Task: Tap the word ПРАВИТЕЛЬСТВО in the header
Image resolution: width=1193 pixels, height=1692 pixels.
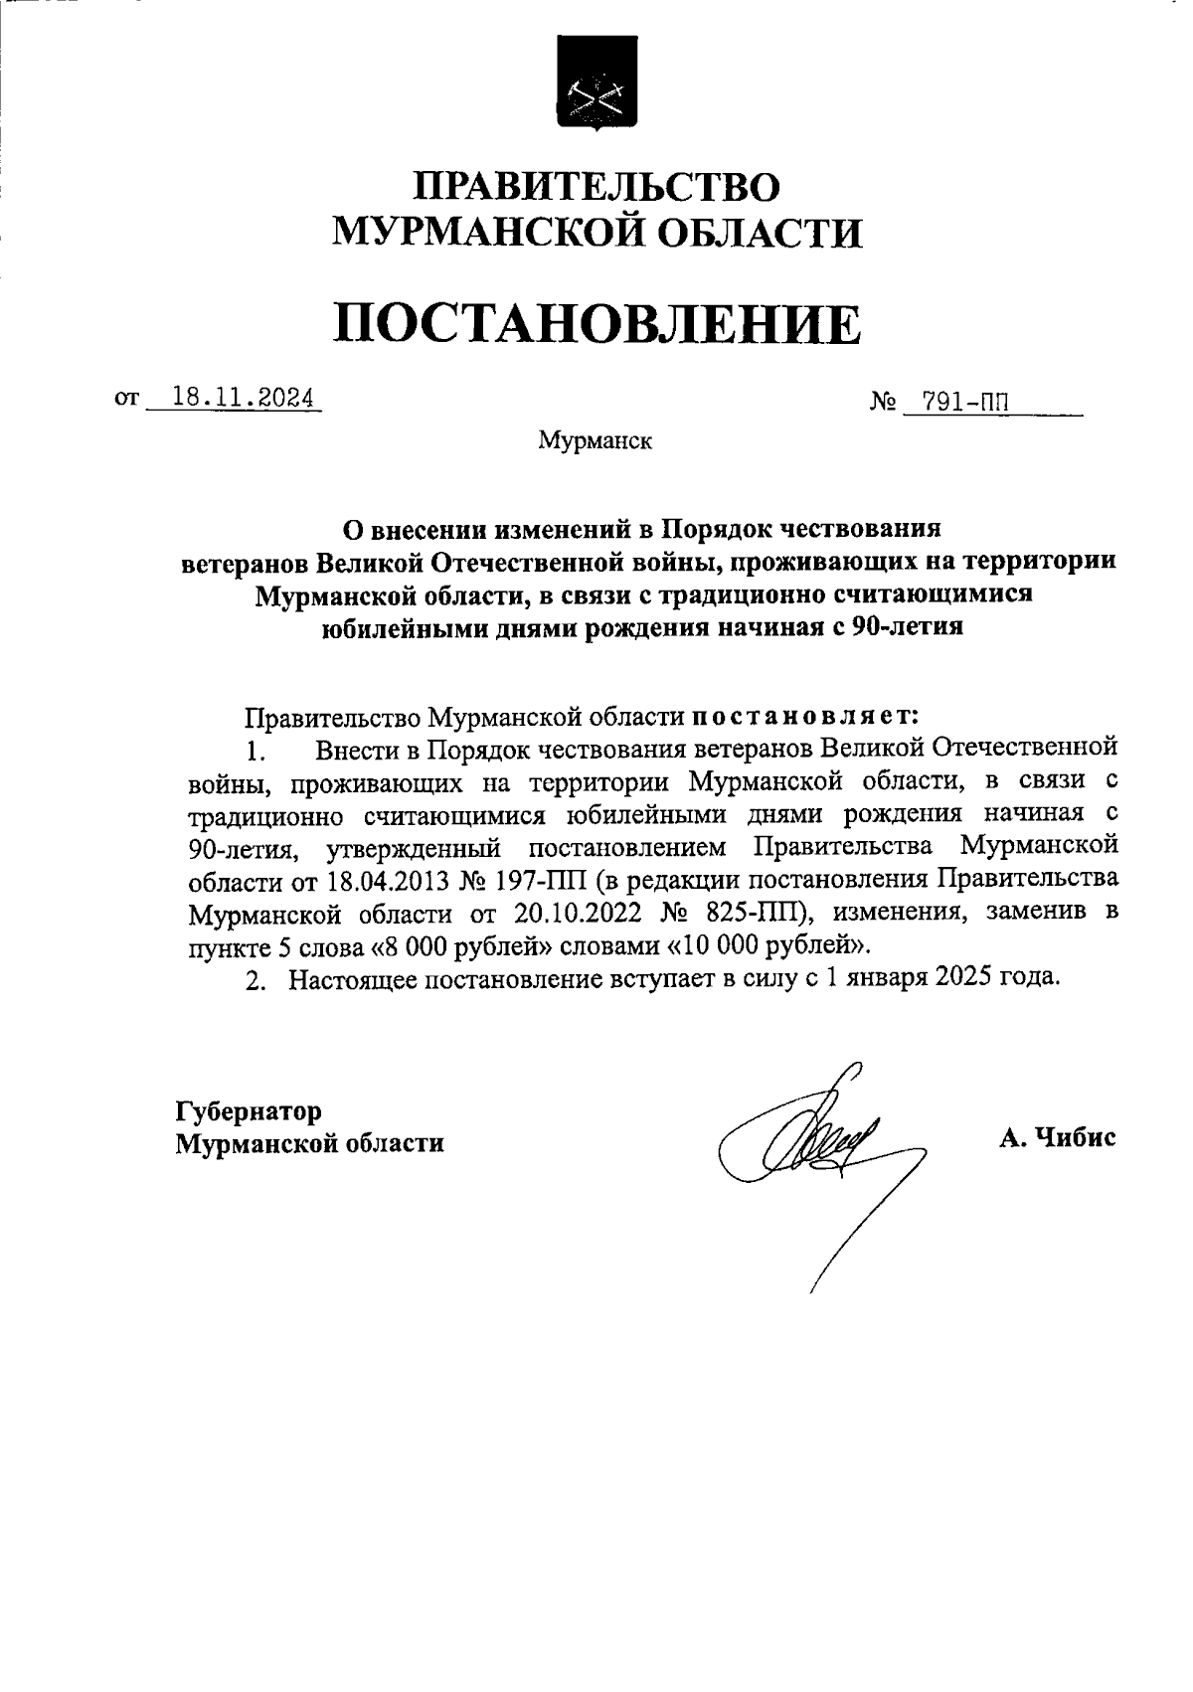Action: (596, 187)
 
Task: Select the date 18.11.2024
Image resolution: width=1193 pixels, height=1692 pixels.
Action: (243, 398)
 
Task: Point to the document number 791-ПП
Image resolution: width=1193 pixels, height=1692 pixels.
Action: (963, 402)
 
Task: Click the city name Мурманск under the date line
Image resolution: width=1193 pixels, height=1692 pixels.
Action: (595, 440)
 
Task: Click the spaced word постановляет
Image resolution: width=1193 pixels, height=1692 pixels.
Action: (804, 715)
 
